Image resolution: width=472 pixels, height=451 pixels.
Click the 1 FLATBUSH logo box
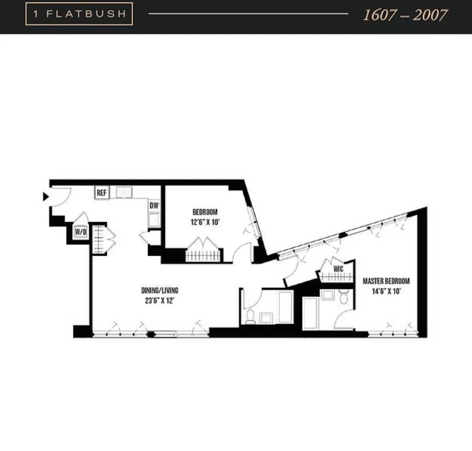pyautogui.click(x=79, y=14)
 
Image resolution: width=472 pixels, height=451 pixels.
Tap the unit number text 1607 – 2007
pyautogui.click(x=405, y=15)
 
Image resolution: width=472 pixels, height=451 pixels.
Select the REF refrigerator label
pyautogui.click(x=102, y=193)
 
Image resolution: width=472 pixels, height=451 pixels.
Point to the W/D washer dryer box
pyautogui.click(x=80, y=232)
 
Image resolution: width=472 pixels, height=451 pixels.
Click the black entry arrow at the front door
pyautogui.click(x=46, y=196)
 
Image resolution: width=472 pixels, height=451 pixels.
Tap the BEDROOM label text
pyautogui.click(x=205, y=212)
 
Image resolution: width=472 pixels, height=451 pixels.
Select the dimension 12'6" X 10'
pyautogui.click(x=205, y=222)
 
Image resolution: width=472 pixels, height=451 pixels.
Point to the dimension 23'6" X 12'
pyautogui.click(x=160, y=300)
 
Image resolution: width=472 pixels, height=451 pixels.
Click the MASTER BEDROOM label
pyautogui.click(x=386, y=281)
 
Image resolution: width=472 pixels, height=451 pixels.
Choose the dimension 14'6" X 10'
pyautogui.click(x=386, y=291)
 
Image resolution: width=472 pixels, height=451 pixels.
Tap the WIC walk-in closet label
pyautogui.click(x=338, y=269)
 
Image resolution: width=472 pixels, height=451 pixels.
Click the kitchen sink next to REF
pyautogui.click(x=124, y=192)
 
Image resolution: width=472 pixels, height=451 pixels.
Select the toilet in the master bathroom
pyautogui.click(x=343, y=297)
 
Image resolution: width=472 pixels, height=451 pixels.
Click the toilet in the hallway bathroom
pyautogui.click(x=250, y=316)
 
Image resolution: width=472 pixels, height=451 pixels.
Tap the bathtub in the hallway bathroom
pyautogui.click(x=285, y=307)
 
